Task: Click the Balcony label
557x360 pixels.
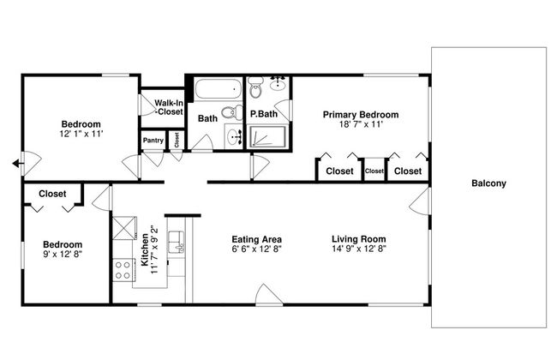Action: (x=488, y=183)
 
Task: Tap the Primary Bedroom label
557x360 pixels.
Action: (x=361, y=115)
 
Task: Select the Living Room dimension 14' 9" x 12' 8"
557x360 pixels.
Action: (x=359, y=249)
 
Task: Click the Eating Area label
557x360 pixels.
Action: (x=256, y=239)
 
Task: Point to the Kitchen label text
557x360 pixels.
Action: (x=145, y=249)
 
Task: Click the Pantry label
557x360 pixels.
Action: (x=153, y=141)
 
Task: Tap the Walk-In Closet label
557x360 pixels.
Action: (x=169, y=107)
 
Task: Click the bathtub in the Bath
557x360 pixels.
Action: (x=219, y=89)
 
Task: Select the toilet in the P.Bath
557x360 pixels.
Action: (x=255, y=87)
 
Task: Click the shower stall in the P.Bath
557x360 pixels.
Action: (x=268, y=137)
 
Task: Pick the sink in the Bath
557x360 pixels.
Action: (x=234, y=135)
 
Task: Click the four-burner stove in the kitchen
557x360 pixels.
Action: (x=123, y=271)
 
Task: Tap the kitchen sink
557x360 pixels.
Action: (x=177, y=242)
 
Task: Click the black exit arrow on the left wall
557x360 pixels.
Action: (x=17, y=164)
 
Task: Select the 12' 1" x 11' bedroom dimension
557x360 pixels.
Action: (x=81, y=134)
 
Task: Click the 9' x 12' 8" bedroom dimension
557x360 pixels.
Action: (x=63, y=254)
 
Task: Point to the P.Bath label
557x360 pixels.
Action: (x=264, y=114)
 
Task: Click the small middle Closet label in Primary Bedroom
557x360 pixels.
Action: (x=374, y=171)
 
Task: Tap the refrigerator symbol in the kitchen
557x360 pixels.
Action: (x=124, y=228)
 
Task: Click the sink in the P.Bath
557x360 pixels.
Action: (x=278, y=83)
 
